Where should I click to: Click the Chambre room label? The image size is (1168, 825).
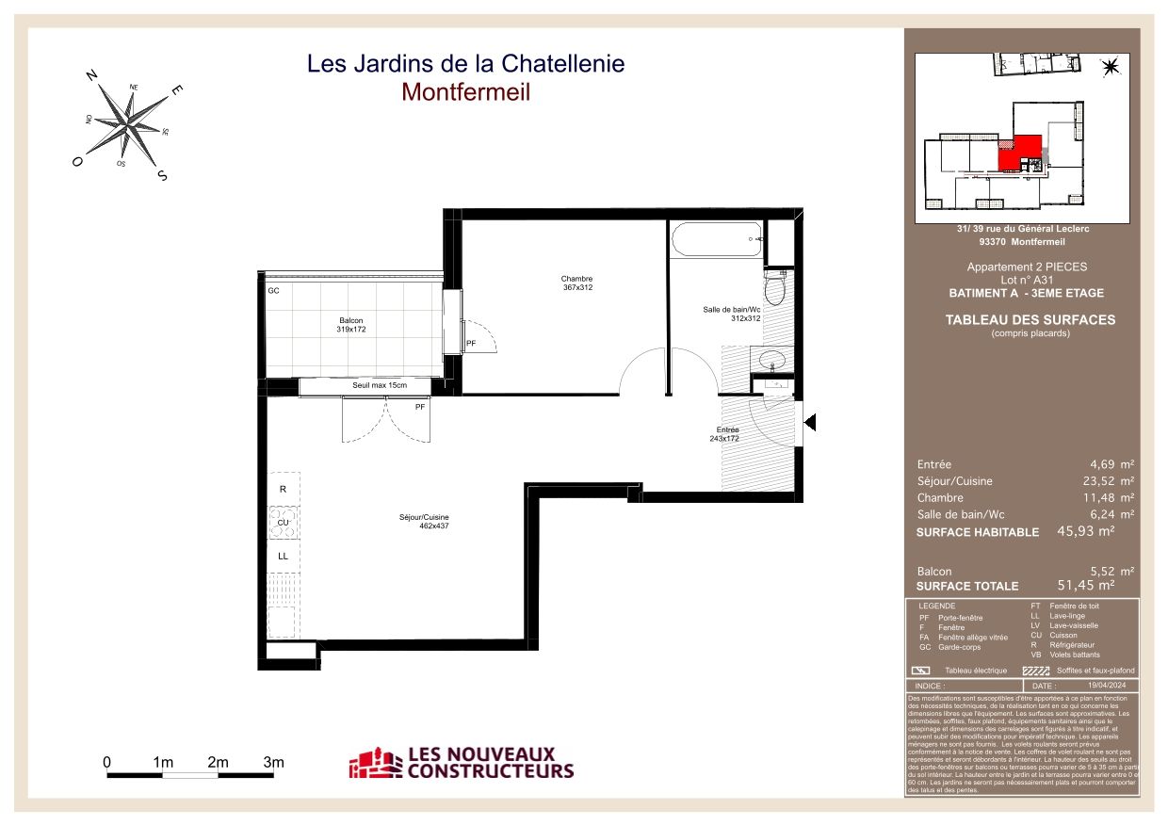576,283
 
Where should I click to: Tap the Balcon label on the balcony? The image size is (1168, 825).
351,325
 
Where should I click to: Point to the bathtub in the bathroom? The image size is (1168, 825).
716,240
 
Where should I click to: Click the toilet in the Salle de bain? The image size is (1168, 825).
774,287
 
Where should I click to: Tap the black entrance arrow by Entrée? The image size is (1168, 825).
809,424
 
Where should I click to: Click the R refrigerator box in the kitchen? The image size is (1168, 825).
283,490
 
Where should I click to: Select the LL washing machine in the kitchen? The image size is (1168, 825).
283,556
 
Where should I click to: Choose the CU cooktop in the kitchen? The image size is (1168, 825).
283,522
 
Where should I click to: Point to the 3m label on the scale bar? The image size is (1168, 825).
273,761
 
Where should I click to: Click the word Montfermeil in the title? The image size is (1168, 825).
465,92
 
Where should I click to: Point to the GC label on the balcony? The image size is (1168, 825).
273,291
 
